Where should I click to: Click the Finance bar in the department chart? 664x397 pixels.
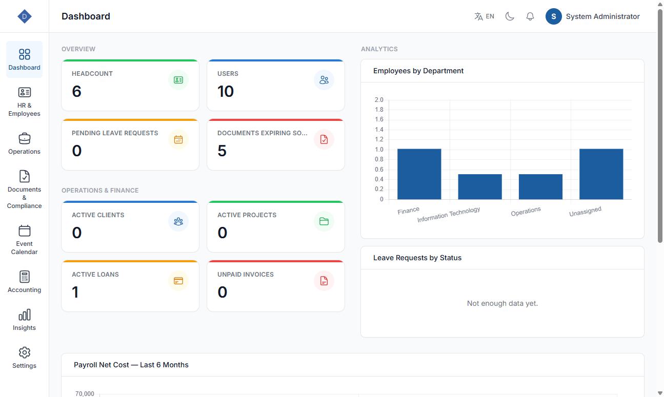(419, 174)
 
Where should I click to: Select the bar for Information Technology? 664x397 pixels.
(480, 187)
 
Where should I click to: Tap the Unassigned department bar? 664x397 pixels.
(601, 174)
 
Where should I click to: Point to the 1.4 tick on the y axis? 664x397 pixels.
(379, 130)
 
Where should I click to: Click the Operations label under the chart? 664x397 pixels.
(526, 212)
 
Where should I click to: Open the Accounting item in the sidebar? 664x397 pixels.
(24, 282)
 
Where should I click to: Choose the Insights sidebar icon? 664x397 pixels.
(24, 315)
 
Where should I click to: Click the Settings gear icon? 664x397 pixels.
(24, 352)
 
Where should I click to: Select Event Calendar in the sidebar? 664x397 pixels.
(24, 240)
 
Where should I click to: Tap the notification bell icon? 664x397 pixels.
(530, 16)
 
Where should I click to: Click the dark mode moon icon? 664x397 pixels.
(510, 16)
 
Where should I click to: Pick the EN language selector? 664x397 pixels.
(485, 16)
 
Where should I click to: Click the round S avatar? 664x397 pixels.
(553, 16)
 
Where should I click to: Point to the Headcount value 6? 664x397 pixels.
(76, 91)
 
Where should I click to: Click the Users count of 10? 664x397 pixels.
(226, 91)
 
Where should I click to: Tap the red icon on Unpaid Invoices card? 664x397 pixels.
(324, 281)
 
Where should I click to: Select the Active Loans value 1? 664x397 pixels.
(75, 292)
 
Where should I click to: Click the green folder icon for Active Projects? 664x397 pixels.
(324, 221)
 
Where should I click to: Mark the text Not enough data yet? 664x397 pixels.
(502, 303)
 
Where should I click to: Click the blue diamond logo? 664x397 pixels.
(24, 16)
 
